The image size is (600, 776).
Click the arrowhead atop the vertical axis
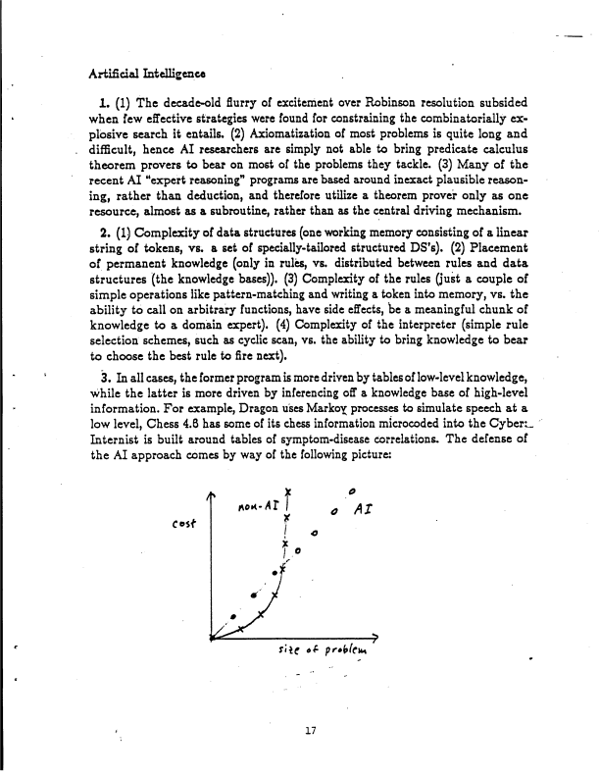click(x=211, y=498)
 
